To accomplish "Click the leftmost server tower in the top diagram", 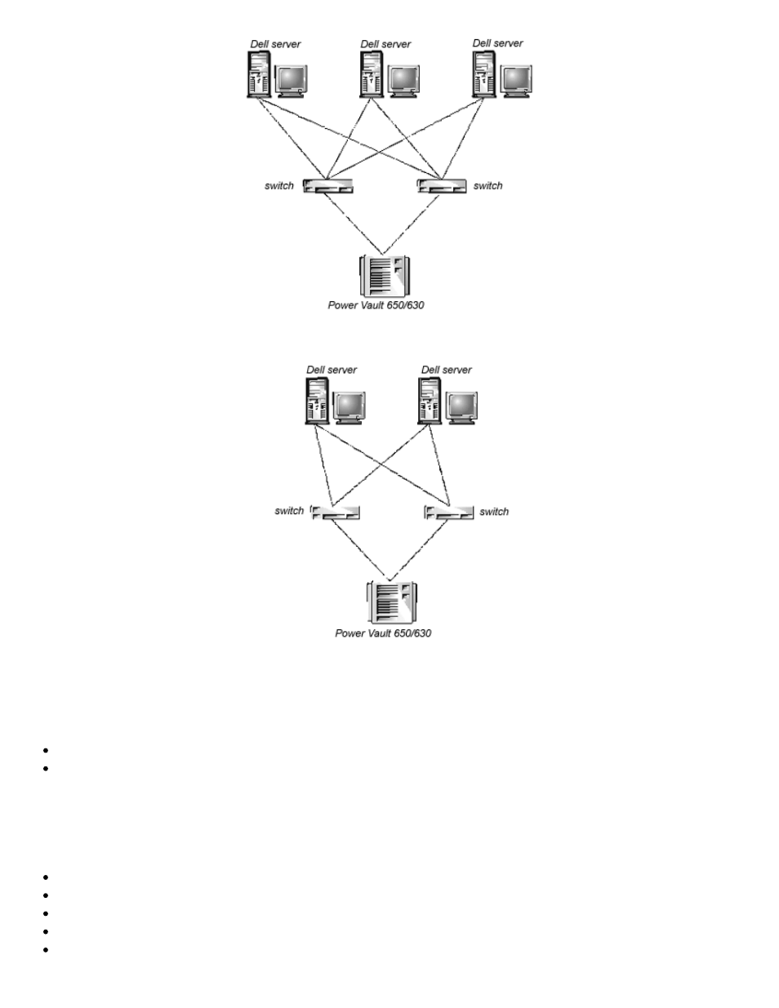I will tap(259, 74).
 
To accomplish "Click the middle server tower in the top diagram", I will tap(372, 74).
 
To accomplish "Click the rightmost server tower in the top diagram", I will tap(484, 73).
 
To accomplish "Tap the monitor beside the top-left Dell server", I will tap(292, 81).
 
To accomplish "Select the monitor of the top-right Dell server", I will tap(516, 81).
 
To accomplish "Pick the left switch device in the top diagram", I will tap(328, 186).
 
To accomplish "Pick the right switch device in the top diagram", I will tap(442, 186).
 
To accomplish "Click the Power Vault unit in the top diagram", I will tap(384, 276).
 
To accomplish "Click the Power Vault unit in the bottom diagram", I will tap(392, 602).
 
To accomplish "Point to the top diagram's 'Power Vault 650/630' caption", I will tap(376, 306).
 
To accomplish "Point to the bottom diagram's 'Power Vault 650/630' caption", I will tap(383, 633).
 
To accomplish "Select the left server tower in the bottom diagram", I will tap(317, 400).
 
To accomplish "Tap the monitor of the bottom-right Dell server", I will tap(462, 407).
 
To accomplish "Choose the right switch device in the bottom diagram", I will tap(449, 512).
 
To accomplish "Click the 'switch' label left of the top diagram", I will tap(279, 186).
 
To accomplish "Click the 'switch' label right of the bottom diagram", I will tap(494, 512).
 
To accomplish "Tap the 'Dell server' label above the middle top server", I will tap(385, 44).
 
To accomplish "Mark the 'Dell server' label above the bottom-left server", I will tap(332, 370).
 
